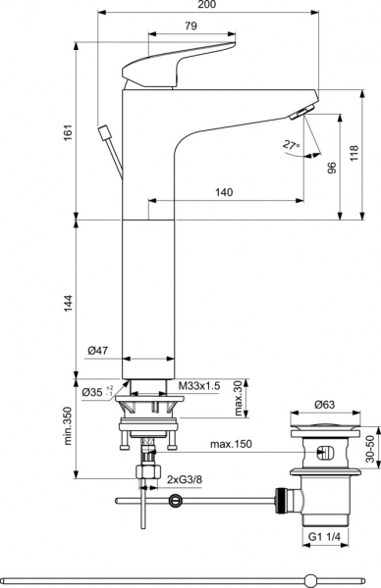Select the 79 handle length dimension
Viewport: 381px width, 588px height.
[x=190, y=25]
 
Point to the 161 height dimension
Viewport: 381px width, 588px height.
[x=68, y=132]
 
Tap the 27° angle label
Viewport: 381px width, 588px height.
[x=292, y=145]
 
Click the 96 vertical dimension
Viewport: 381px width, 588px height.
[x=331, y=168]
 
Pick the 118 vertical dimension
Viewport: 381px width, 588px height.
[x=354, y=154]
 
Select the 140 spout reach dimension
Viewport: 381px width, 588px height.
[x=224, y=192]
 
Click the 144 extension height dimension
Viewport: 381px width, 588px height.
[x=68, y=302]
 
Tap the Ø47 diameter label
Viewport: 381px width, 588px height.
[x=97, y=351]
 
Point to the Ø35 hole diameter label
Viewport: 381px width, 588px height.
[x=97, y=392]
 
